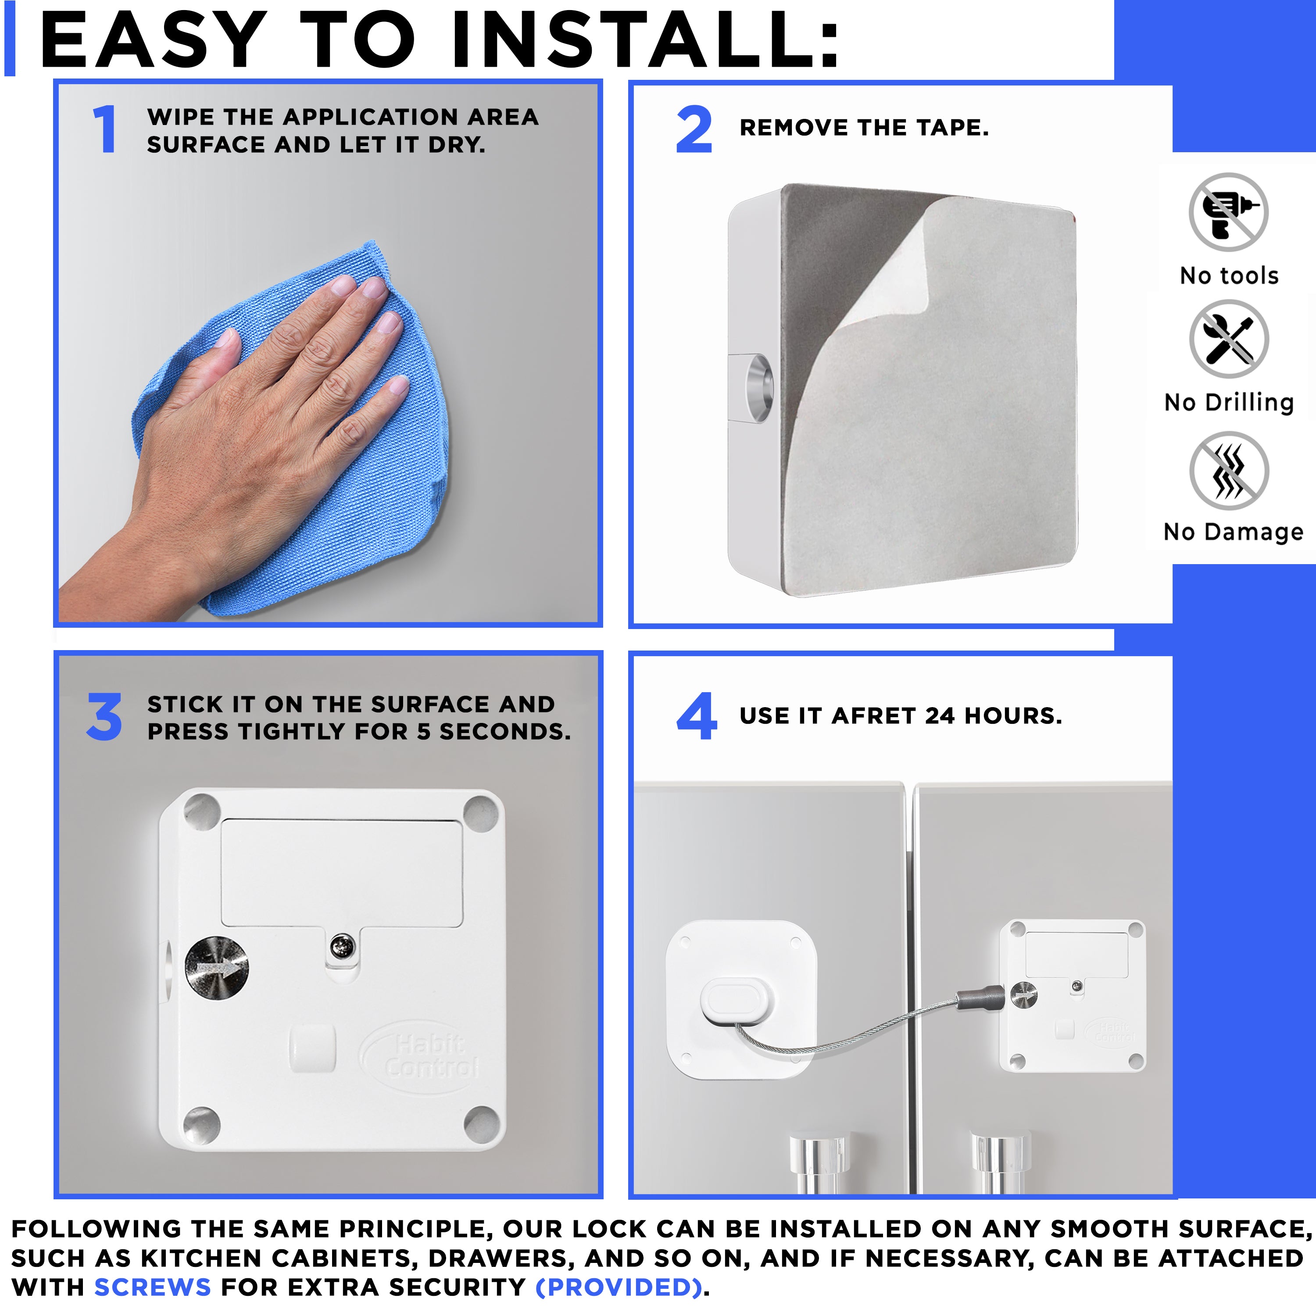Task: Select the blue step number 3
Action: tap(104, 717)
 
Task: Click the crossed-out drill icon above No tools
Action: tap(1228, 212)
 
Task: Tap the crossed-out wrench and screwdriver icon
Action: tap(1228, 339)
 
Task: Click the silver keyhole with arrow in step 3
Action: tap(217, 968)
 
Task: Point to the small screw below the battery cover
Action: tap(342, 946)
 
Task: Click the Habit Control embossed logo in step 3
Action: tap(430, 1055)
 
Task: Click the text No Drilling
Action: tap(1229, 403)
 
